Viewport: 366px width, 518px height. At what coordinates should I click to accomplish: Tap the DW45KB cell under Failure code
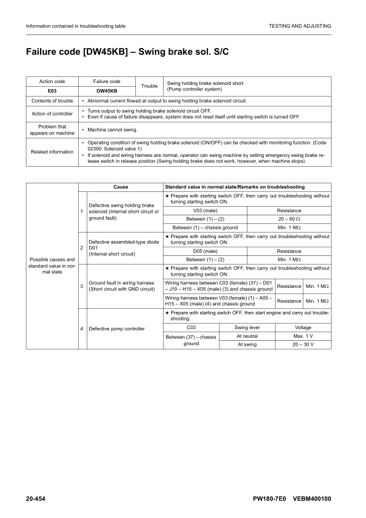(x=106, y=90)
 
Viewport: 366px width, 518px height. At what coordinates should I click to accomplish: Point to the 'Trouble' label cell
(x=149, y=86)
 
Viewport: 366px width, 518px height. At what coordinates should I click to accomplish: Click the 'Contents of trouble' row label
(x=52, y=100)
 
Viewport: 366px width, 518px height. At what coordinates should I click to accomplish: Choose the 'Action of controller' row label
(x=52, y=113)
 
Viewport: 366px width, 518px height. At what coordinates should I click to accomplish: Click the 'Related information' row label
(x=52, y=151)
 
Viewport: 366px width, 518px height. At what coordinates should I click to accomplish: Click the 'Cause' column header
(x=121, y=186)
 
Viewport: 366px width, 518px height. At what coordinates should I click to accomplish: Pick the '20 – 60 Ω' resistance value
(x=289, y=219)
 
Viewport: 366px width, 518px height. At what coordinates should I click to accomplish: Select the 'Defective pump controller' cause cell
(x=117, y=329)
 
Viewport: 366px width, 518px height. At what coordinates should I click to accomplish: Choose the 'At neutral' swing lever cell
(x=247, y=335)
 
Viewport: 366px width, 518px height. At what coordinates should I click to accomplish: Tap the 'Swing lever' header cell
(x=247, y=327)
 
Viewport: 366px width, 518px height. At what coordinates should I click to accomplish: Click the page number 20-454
(x=38, y=497)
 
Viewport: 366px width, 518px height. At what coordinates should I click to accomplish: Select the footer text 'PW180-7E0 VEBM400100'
(x=292, y=497)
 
